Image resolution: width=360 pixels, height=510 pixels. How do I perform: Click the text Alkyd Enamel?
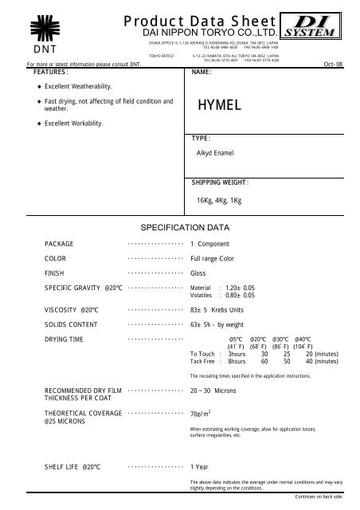point(216,151)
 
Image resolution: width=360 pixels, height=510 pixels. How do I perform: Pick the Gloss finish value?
point(199,273)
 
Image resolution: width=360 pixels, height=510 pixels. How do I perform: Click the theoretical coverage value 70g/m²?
point(202,414)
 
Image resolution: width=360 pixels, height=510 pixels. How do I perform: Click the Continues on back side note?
point(318,496)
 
